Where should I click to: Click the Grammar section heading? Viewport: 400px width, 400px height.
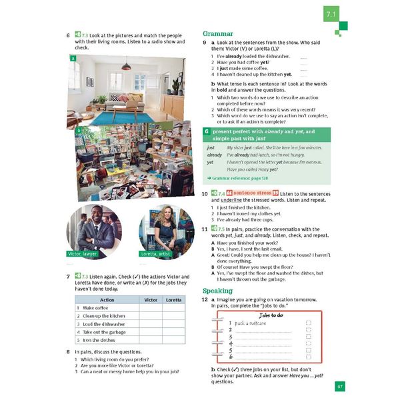tap(217, 33)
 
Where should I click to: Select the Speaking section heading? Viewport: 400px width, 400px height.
tap(217, 291)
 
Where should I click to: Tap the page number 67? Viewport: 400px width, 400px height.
tap(339, 386)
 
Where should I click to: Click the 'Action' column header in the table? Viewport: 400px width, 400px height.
tap(106, 299)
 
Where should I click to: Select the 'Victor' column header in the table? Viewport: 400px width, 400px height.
tap(151, 299)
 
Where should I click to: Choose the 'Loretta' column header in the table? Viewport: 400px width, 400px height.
tap(173, 299)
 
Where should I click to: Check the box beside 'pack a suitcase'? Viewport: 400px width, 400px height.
tap(307, 323)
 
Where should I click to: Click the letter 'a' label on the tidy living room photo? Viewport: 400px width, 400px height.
tap(71, 59)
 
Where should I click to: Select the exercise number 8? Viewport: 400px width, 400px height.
tap(68, 351)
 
